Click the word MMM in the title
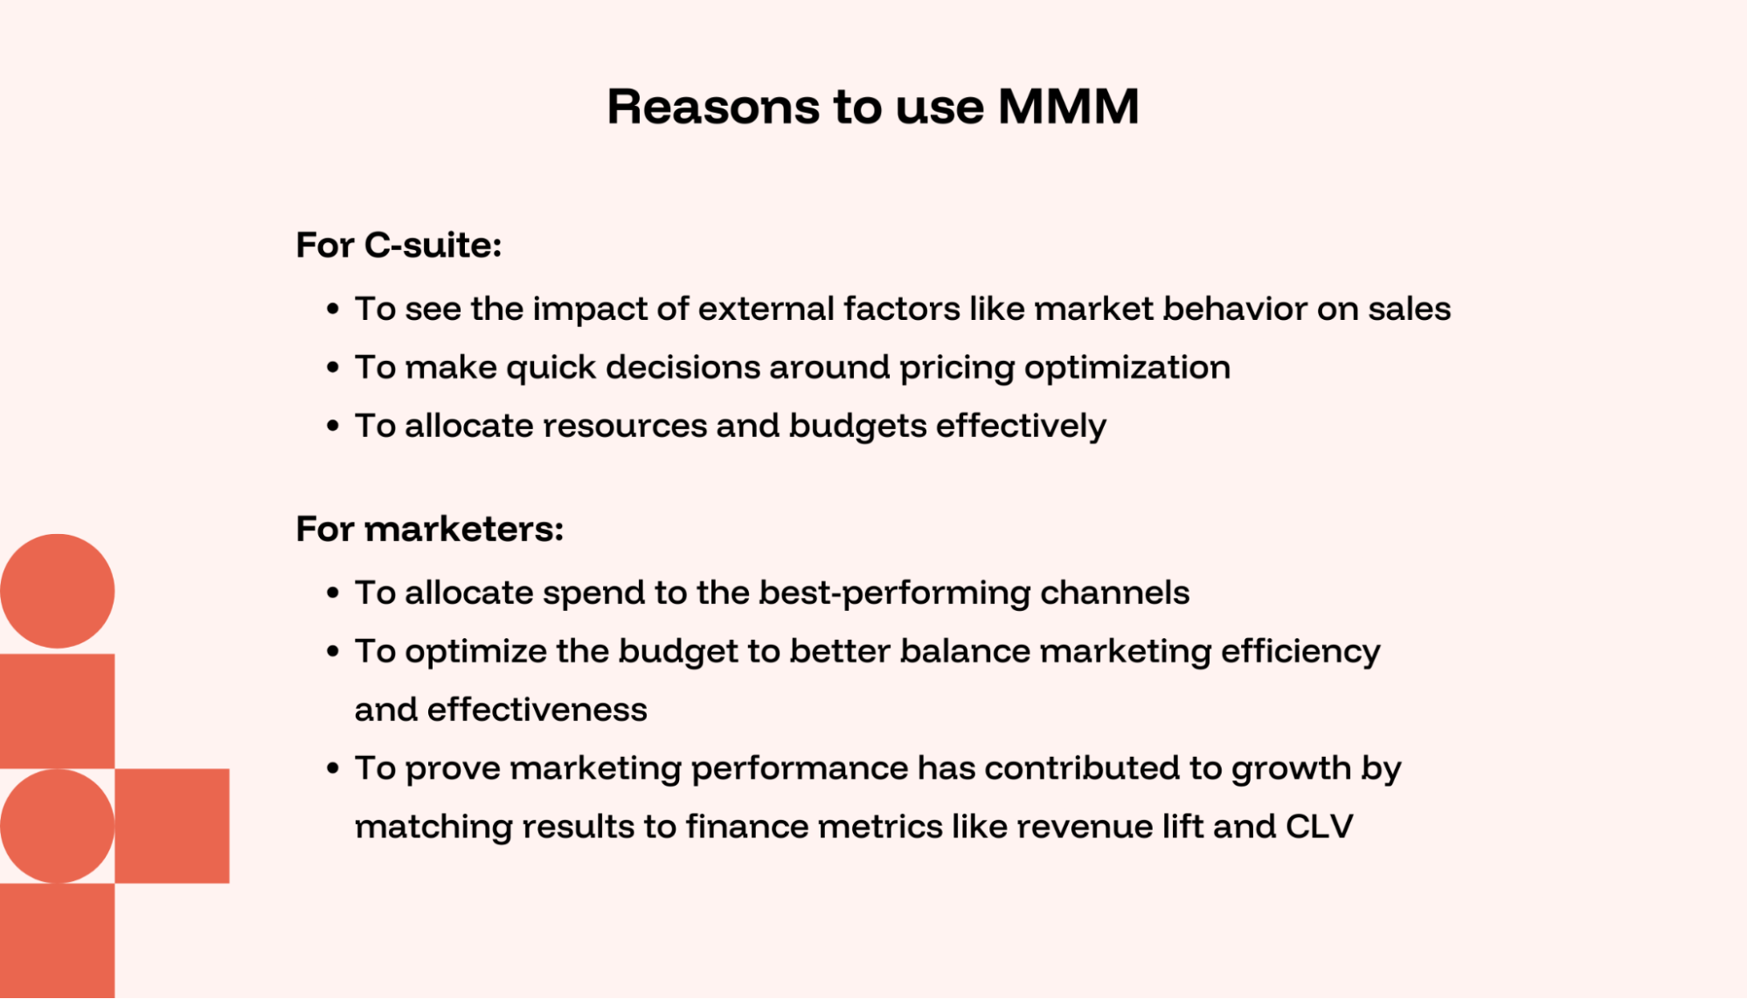pos(1068,107)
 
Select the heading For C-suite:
pos(399,245)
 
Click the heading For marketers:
pos(429,529)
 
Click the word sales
pos(1409,309)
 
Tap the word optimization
pos(1127,368)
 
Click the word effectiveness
pos(537,710)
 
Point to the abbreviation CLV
pos(1319,826)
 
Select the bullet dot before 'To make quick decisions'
pos(333,368)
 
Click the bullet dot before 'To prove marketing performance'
pos(333,769)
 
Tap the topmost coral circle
pos(57,591)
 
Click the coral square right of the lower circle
pos(172,826)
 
